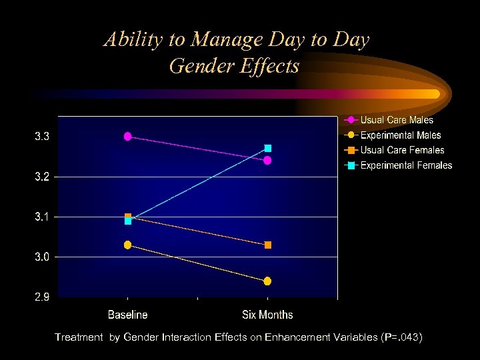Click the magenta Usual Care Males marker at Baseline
tap(128, 137)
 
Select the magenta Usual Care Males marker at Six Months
tap(267, 161)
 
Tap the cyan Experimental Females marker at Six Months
tap(267, 148)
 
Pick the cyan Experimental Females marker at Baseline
tap(128, 221)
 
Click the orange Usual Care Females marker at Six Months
tap(267, 245)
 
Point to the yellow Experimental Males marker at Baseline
tap(128, 245)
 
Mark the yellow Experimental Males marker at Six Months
tap(267, 281)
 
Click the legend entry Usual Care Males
tap(397, 120)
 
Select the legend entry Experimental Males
tap(401, 135)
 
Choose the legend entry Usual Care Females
tap(402, 150)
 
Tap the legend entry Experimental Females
tap(406, 165)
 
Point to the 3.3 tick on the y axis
tap(42, 137)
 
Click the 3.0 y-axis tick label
tap(42, 257)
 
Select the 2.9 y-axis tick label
tap(42, 297)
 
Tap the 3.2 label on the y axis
tap(42, 177)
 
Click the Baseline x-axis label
tap(128, 315)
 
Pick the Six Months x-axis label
tap(267, 315)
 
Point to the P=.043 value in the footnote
tap(401, 337)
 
